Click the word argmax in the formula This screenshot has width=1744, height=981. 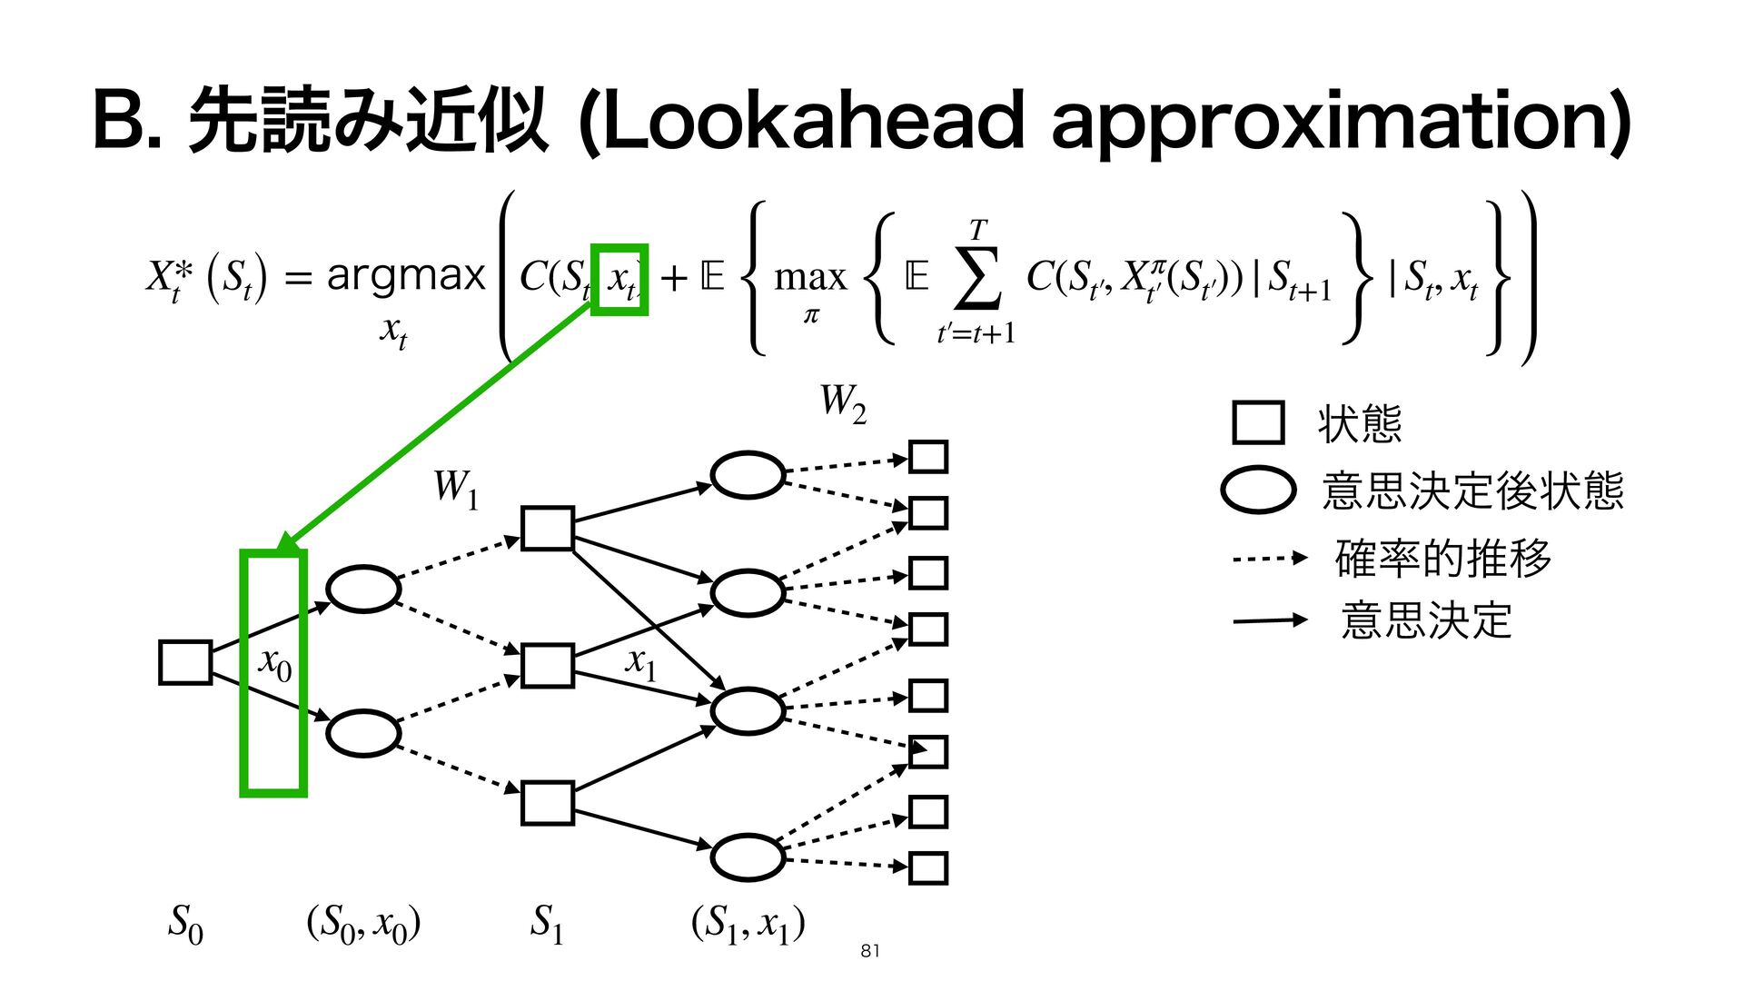(406, 274)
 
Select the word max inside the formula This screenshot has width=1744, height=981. (809, 276)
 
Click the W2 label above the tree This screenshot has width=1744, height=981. (843, 403)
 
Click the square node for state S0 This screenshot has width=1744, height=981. (185, 662)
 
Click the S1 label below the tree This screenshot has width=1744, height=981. (547, 923)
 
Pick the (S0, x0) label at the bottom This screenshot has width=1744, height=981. (363, 924)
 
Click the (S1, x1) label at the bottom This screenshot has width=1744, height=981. (748, 924)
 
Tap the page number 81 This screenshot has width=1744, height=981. (869, 951)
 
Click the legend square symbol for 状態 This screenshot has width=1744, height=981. (1258, 422)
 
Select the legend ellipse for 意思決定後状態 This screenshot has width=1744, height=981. (1258, 490)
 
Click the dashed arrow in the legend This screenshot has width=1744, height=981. (1269, 558)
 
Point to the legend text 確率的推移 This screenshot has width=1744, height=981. (1442, 558)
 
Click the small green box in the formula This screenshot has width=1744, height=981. (619, 280)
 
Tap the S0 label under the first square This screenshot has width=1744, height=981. (185, 924)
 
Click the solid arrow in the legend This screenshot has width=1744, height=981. (1269, 620)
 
